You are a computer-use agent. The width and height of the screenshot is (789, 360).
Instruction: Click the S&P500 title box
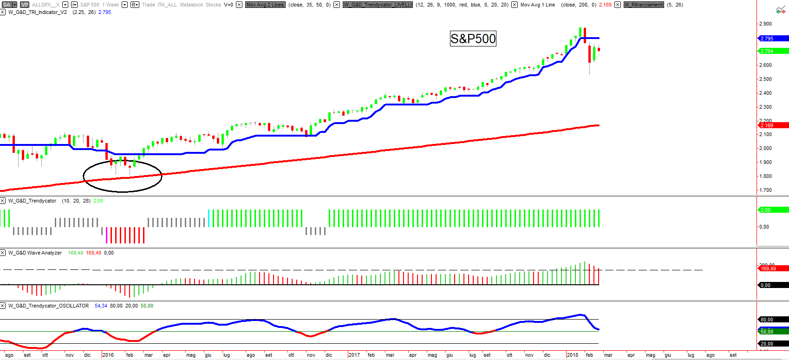(x=473, y=39)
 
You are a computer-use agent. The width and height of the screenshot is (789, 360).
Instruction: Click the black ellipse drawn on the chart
(x=84, y=177)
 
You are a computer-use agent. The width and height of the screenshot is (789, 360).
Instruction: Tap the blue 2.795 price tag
(x=773, y=39)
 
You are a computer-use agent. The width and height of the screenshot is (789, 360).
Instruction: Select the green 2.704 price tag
(x=773, y=51)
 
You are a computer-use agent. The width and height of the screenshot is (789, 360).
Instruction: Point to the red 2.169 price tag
(x=773, y=125)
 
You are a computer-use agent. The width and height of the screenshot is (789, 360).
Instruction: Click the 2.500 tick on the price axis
(x=765, y=79)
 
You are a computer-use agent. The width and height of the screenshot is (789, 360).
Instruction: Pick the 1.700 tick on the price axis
(x=765, y=190)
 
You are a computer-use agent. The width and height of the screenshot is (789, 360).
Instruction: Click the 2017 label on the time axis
(x=354, y=355)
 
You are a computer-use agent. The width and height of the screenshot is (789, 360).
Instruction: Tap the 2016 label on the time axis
(x=108, y=355)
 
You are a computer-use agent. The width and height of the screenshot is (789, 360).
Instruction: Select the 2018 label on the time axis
(x=572, y=355)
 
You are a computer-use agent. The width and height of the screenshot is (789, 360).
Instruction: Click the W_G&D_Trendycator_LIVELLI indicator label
(x=378, y=5)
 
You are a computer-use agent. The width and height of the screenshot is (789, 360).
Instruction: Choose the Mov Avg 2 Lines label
(x=265, y=5)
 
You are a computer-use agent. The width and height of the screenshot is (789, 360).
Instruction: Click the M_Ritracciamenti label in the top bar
(x=644, y=5)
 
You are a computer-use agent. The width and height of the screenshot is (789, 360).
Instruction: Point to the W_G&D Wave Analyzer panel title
(x=35, y=253)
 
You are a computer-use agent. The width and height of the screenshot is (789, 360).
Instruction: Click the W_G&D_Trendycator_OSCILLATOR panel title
(x=48, y=306)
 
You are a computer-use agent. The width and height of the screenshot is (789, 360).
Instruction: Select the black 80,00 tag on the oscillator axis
(x=773, y=320)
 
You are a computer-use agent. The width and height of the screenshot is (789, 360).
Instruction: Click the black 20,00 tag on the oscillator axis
(x=773, y=344)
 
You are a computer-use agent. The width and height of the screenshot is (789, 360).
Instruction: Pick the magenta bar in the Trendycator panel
(x=106, y=235)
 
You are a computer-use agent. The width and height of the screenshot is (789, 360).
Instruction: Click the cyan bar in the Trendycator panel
(x=209, y=218)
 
